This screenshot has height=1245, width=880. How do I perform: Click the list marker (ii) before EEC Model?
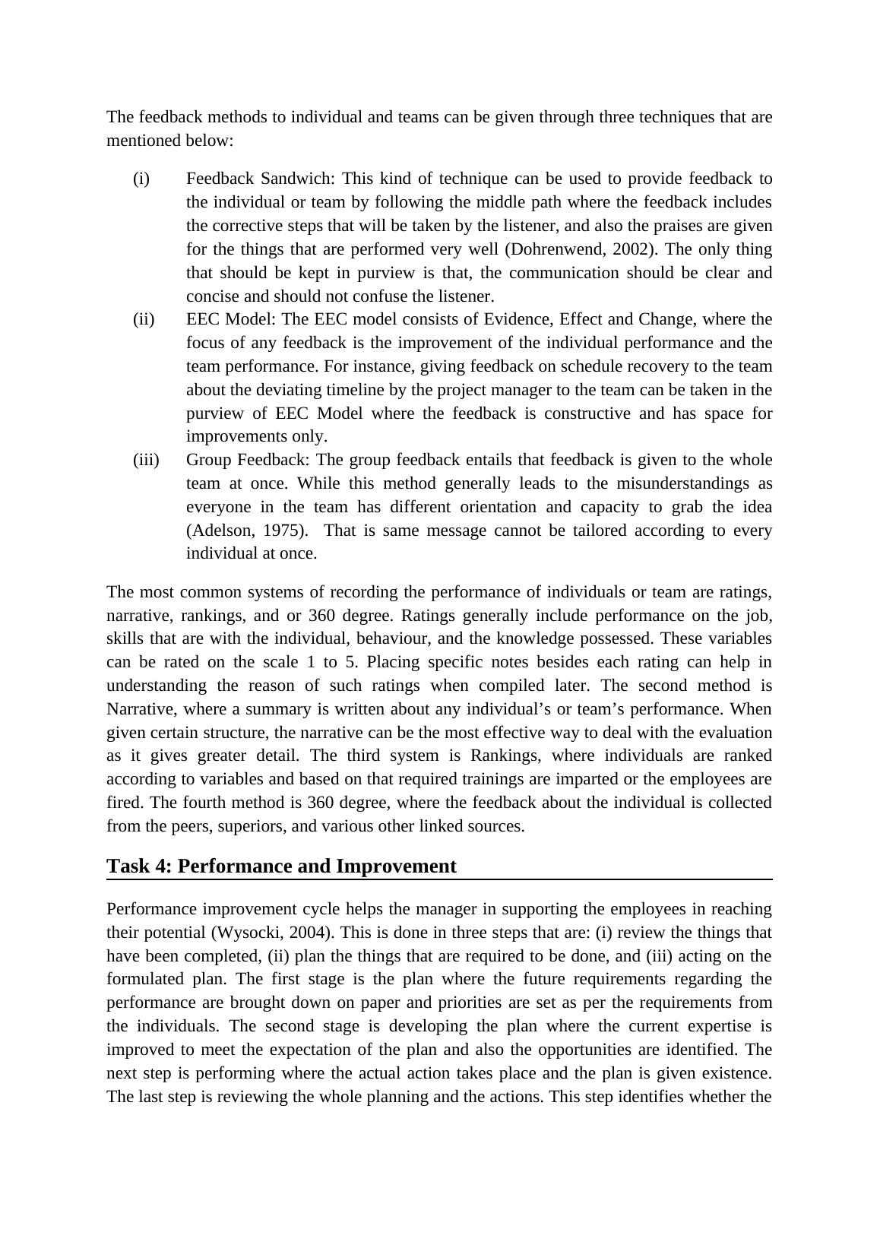click(144, 319)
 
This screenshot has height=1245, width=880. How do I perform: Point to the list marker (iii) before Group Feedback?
click(146, 460)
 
